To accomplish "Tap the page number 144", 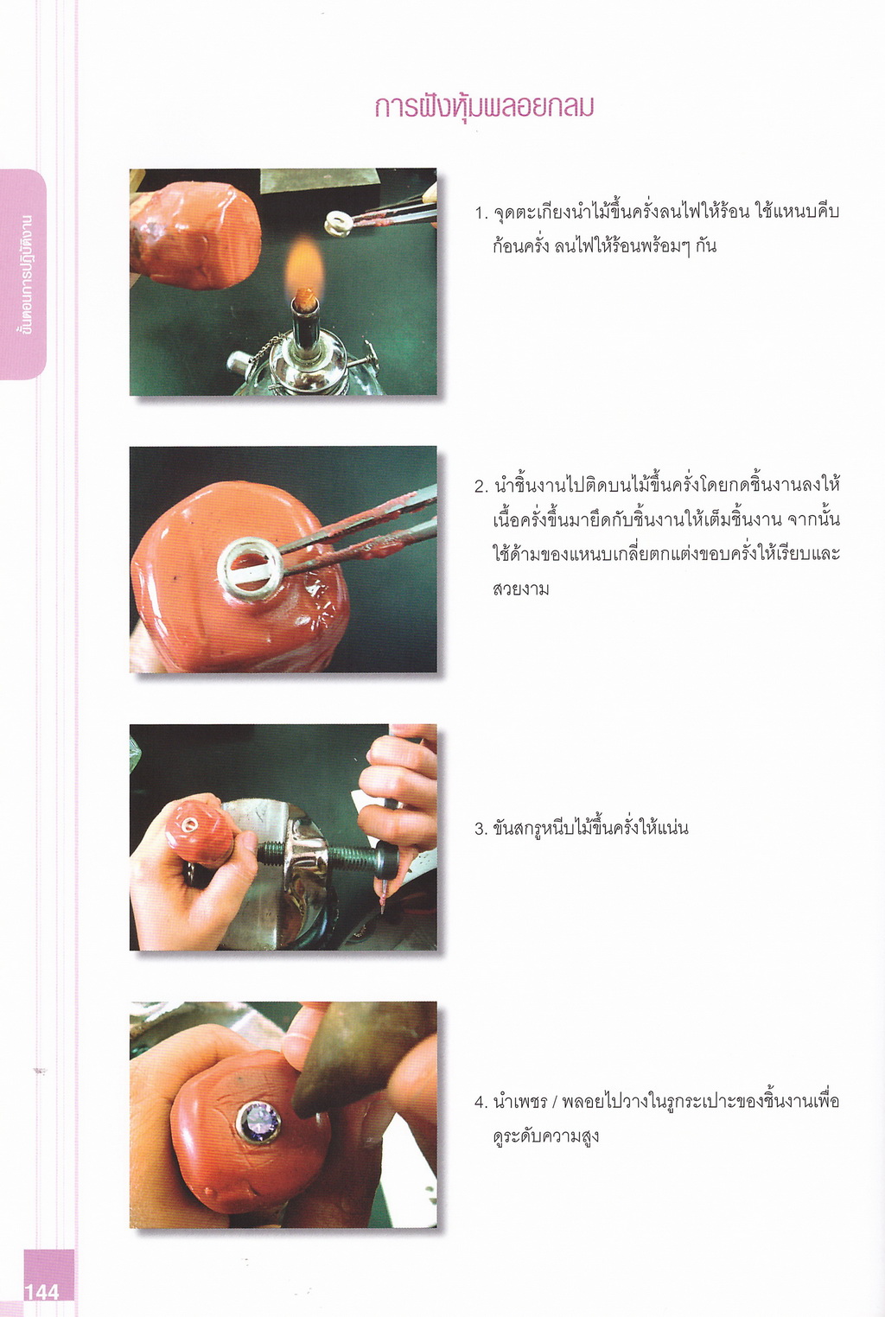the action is pyautogui.click(x=41, y=1292).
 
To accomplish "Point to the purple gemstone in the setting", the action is pyautogui.click(x=258, y=1121).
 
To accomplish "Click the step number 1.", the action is pyautogui.click(x=481, y=213).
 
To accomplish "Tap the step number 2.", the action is pyautogui.click(x=481, y=487).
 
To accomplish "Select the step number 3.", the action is pyautogui.click(x=481, y=829).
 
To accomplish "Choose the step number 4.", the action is pyautogui.click(x=481, y=1103).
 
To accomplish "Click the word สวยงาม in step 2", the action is pyautogui.click(x=521, y=589).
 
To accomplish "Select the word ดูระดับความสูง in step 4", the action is pyautogui.click(x=545, y=1136).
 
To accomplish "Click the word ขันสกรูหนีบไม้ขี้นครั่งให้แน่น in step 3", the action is pyautogui.click(x=590, y=829).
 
